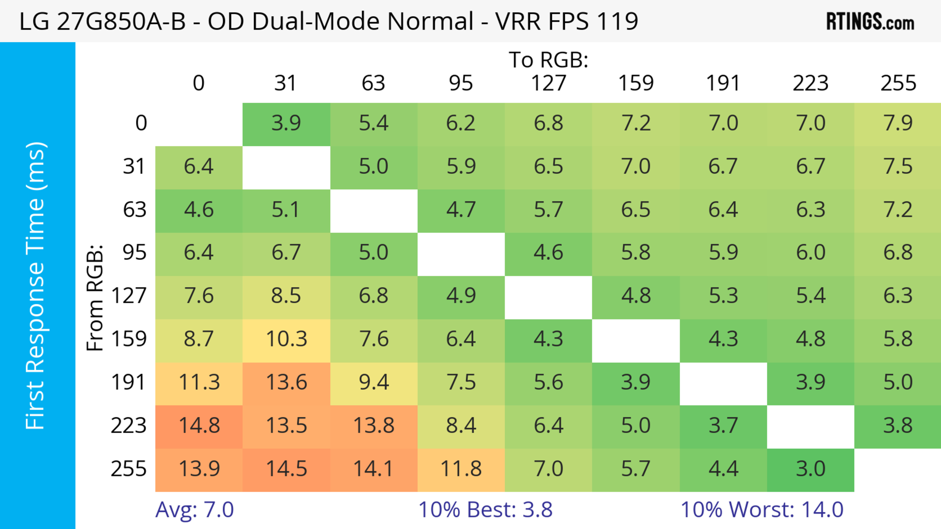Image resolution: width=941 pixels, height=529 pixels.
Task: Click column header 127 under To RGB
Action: tap(548, 83)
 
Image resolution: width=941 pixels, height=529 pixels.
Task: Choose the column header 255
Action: tap(898, 83)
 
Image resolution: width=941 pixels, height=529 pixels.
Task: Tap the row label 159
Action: tap(129, 339)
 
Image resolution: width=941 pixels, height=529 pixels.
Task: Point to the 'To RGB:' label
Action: tap(548, 60)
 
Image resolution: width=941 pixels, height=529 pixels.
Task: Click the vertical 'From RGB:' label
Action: tap(95, 297)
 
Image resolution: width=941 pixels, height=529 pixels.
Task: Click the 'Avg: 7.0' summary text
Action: tap(194, 510)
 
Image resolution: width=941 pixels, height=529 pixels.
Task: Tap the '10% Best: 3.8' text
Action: tap(485, 510)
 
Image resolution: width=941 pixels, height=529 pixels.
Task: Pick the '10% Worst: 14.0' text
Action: tap(762, 510)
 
